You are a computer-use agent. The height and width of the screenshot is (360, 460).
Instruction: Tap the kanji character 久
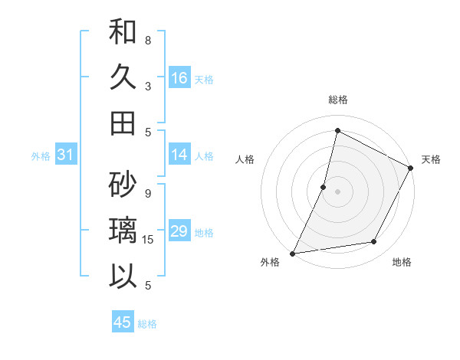(123, 78)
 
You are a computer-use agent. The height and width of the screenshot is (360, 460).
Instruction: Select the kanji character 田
(123, 123)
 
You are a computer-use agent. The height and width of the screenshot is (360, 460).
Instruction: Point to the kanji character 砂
(123, 184)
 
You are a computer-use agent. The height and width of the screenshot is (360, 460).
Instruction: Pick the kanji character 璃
(123, 231)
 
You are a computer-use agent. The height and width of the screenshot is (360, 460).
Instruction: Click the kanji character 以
(123, 276)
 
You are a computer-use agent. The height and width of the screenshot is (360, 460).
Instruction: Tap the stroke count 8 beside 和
(148, 40)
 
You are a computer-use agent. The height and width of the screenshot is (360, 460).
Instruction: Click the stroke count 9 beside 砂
(148, 193)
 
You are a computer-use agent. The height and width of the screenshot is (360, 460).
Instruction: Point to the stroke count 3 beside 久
(148, 86)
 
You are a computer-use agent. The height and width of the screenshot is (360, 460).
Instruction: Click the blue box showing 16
(179, 78)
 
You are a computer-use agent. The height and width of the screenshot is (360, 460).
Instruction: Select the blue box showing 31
(65, 155)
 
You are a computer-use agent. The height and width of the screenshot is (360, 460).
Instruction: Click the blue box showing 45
(123, 322)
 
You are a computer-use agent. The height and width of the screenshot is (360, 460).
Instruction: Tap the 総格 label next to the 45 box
(147, 324)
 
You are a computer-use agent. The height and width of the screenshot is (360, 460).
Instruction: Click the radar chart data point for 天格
(411, 169)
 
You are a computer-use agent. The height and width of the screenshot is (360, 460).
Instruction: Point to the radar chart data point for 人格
(324, 187)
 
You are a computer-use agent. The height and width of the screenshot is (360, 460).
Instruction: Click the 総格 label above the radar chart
(337, 100)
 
